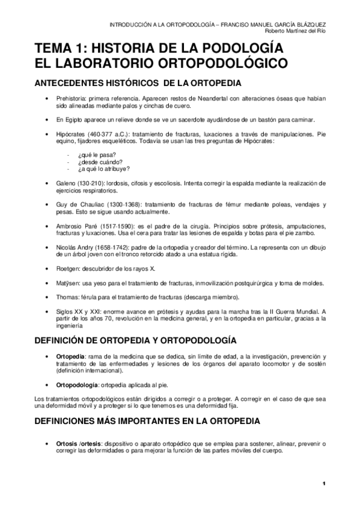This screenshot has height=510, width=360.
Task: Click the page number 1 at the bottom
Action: [323, 484]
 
